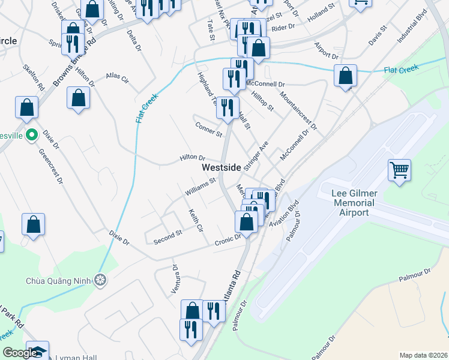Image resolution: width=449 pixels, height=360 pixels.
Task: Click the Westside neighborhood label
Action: pyautogui.click(x=221, y=167)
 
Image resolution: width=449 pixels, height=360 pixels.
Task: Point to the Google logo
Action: pyautogui.click(x=20, y=353)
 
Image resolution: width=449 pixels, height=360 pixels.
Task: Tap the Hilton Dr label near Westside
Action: pyautogui.click(x=192, y=157)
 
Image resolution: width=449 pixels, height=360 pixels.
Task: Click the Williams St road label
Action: pyautogui.click(x=200, y=185)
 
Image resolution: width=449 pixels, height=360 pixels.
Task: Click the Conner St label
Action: pyautogui.click(x=208, y=128)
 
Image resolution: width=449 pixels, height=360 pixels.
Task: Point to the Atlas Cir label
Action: pyautogui.click(x=118, y=78)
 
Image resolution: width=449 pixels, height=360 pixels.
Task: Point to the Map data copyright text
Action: pyautogui.click(x=423, y=355)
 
